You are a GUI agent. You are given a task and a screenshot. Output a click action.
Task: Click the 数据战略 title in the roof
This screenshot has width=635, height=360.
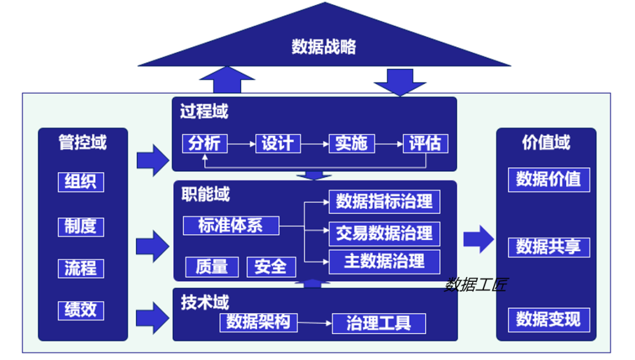coord(324,47)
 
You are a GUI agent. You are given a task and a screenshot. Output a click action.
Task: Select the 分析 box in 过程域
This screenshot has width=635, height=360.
coord(205,144)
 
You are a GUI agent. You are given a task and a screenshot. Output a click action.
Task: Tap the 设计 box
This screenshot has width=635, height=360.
coord(278,144)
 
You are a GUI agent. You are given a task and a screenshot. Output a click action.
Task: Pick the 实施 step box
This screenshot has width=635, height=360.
coord(351,144)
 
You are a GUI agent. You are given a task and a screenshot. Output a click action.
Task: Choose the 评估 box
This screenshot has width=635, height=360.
coord(425,144)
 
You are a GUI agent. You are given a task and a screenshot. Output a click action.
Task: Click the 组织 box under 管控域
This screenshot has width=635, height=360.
coord(81,182)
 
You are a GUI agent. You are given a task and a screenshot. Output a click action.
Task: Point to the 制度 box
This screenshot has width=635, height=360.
coord(81,226)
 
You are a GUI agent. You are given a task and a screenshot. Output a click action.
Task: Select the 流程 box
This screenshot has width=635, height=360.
coord(81,268)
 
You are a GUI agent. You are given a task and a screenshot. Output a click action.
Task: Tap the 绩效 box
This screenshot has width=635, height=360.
coord(81,310)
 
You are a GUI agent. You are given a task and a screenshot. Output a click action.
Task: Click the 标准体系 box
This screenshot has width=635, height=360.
coord(231,226)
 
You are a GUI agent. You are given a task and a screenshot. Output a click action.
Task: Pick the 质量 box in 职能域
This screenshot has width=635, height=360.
coord(212,266)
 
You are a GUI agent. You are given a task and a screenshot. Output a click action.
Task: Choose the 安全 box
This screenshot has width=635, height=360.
coord(270,266)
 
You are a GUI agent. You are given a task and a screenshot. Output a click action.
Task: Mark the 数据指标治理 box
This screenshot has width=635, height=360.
coord(385,202)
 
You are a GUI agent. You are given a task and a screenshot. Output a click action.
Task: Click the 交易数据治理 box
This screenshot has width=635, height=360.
coord(385,234)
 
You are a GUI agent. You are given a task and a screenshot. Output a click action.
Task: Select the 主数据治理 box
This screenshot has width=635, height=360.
coord(385,261)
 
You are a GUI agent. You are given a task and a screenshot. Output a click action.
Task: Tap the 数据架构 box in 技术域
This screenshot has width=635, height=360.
coord(258,322)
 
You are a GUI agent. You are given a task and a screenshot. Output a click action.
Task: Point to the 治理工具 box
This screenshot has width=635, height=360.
coord(379,323)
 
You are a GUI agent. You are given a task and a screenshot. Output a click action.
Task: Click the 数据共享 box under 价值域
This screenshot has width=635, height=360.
coord(549,247)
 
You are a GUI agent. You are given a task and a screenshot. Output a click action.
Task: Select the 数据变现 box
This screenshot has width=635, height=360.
coord(549,319)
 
